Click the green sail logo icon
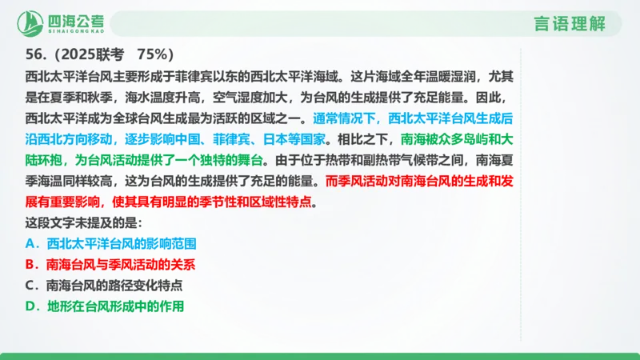[x=31, y=21]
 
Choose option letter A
[x=30, y=241]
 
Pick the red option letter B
[x=30, y=262]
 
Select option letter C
[x=30, y=284]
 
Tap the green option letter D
[x=30, y=306]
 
